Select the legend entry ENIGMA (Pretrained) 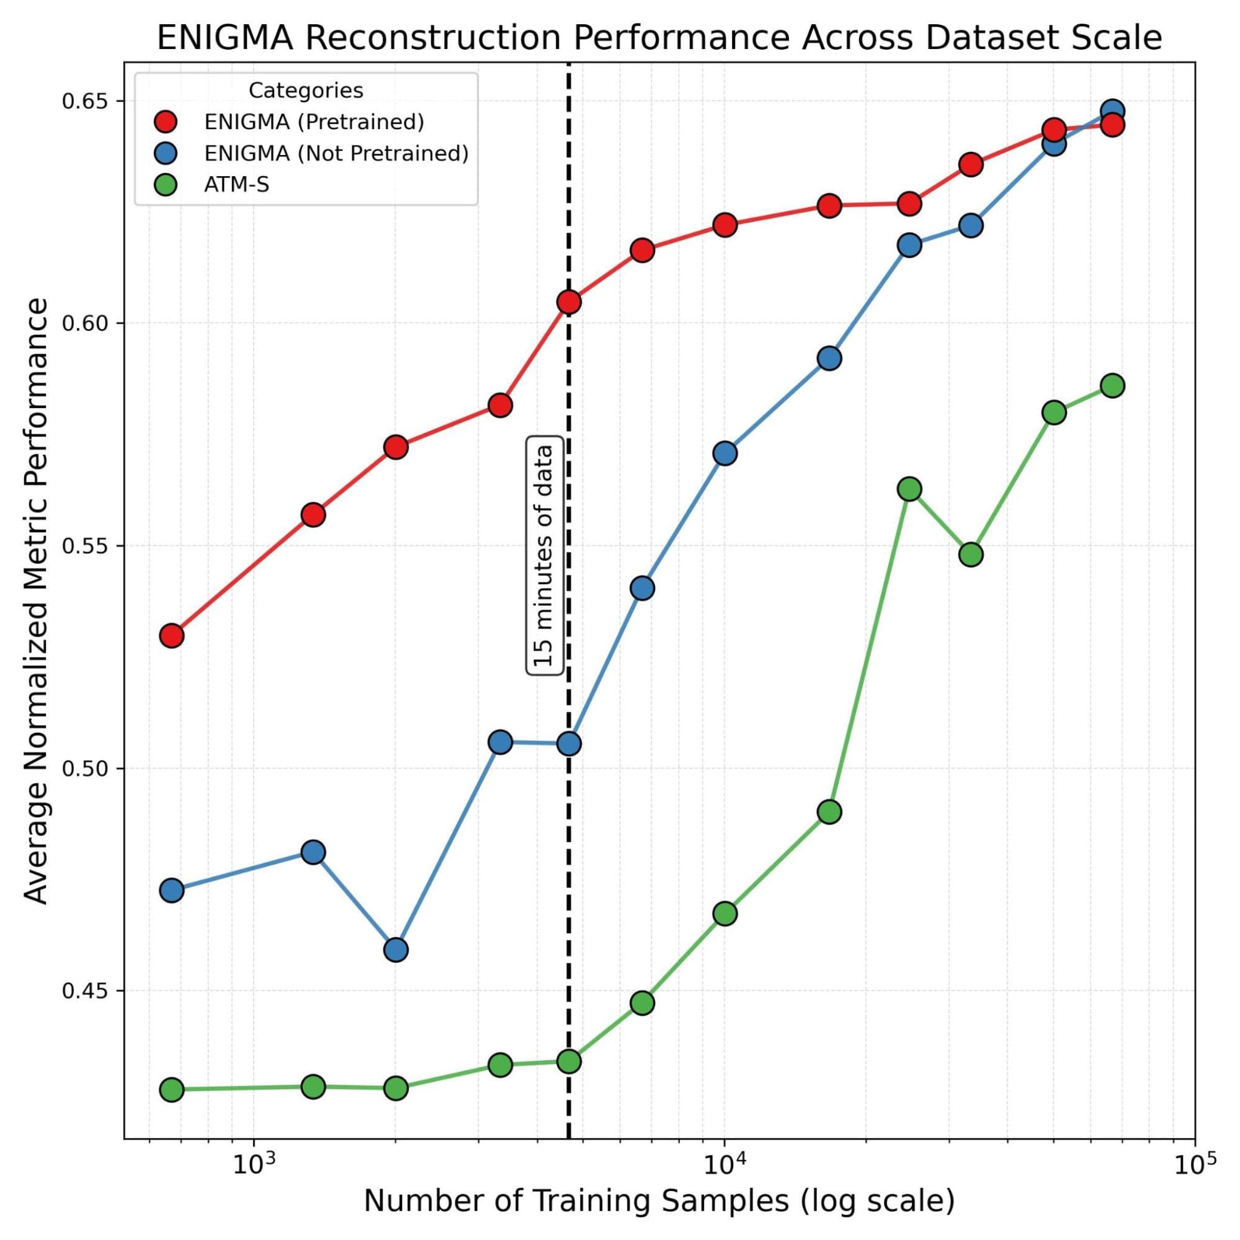click(314, 122)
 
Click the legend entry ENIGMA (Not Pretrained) click(336, 153)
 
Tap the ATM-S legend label click(237, 185)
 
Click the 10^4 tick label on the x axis click(724, 1164)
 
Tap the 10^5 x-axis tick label click(1194, 1164)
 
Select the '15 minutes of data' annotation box click(545, 555)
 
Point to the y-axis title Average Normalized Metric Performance click(37, 600)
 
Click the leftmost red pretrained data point click(171, 635)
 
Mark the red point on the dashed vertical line click(569, 301)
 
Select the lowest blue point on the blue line click(396, 949)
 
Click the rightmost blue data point click(1112, 111)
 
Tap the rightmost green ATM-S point click(1112, 386)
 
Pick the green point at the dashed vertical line click(569, 1061)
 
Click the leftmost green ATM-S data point click(171, 1089)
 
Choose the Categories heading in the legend click(306, 91)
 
